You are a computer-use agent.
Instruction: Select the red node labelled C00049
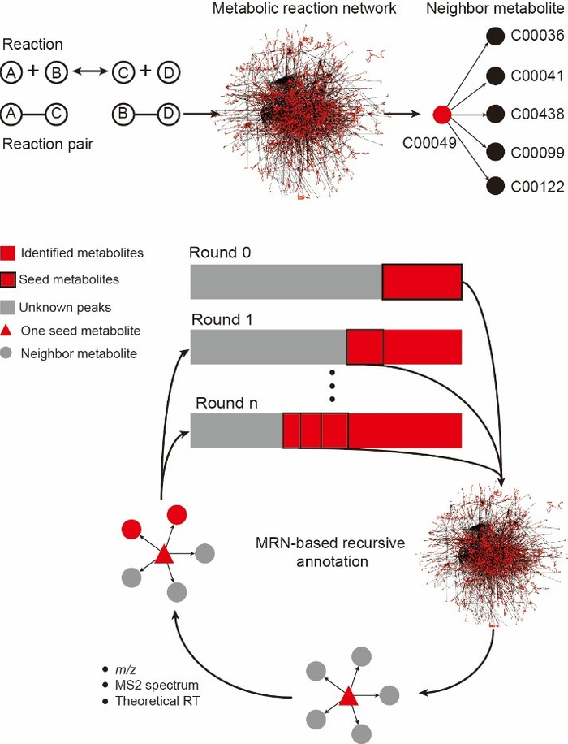pos(442,115)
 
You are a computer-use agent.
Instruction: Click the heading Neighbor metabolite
pos(511,10)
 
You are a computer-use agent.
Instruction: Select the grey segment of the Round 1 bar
pos(268,346)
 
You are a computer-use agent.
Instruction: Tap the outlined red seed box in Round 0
pos(422,281)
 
